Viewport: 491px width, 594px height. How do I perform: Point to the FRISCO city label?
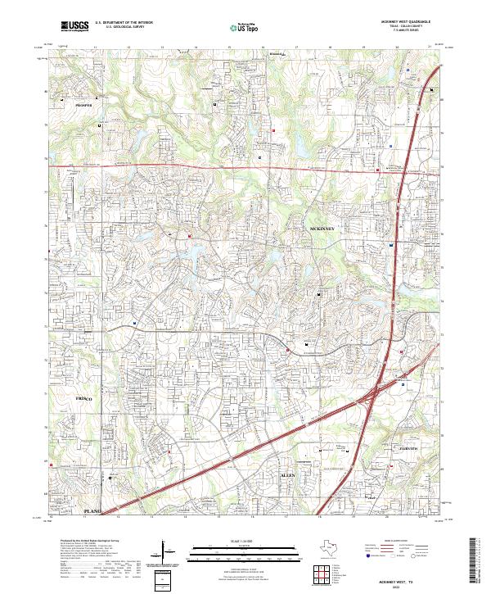[x=85, y=398]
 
